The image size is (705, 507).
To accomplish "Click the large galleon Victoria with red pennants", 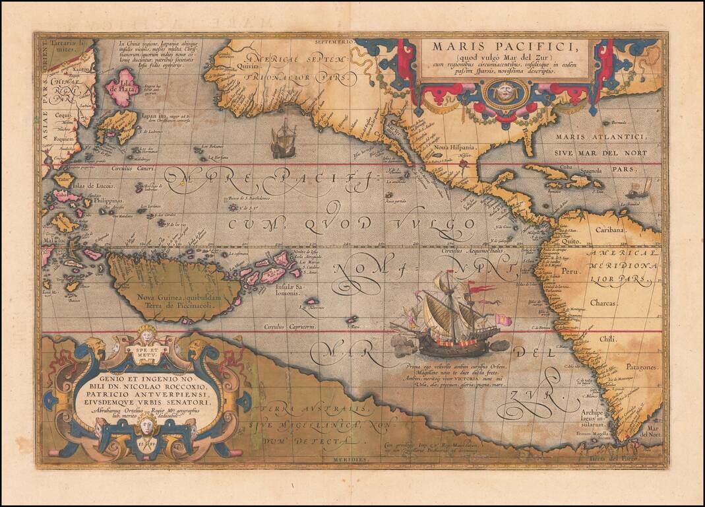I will pos(448,317).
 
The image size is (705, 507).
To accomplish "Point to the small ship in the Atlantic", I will pos(637,189).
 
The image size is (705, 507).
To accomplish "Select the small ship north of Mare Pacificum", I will pos(283,139).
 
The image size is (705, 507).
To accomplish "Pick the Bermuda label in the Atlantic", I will pos(617,123).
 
